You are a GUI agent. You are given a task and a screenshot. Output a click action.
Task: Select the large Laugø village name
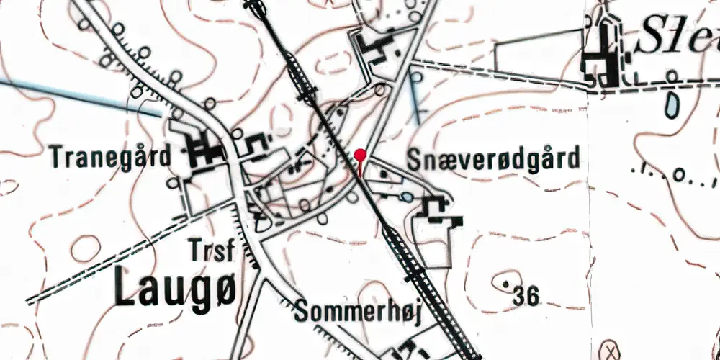tap(179, 287)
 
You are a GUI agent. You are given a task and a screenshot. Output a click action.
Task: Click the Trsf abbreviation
tap(213, 251)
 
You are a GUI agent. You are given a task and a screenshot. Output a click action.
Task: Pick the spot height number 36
tap(527, 294)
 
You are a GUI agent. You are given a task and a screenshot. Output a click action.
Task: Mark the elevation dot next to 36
tap(513, 282)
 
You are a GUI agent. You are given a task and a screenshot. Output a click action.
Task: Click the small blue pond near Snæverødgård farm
tap(408, 197)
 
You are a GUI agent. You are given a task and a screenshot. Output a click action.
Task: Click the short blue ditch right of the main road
tap(415, 97)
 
